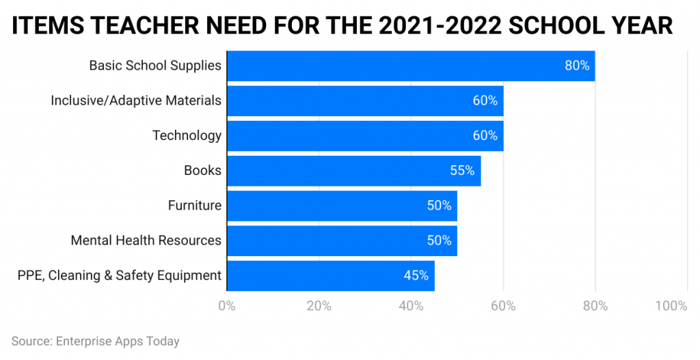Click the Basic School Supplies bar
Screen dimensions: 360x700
pos(410,66)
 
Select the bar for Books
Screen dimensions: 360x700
pos(353,171)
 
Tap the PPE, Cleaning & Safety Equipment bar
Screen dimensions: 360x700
pos(330,276)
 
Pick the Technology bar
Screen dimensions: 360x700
pos(365,136)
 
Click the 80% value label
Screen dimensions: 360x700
pos(577,66)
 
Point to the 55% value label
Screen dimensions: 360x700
pos(462,171)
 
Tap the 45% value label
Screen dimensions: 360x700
pos(416,276)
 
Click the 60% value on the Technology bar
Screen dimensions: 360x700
pos(485,136)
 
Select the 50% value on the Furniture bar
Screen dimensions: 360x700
pos(439,206)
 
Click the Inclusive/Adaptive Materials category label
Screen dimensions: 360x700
pos(136,100)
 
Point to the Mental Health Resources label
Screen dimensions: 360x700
pos(146,240)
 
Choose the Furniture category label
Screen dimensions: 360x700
pos(195,206)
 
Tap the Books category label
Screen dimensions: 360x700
pos(202,171)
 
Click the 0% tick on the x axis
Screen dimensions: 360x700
pos(226,305)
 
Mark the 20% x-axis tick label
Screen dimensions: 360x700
pos(319,305)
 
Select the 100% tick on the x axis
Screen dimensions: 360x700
pos(671,305)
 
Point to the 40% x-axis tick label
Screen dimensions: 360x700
pos(411,305)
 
